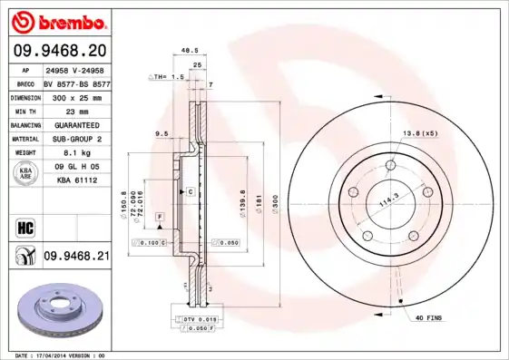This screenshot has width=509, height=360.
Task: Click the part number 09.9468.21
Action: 76,258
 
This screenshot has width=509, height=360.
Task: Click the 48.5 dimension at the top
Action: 190,51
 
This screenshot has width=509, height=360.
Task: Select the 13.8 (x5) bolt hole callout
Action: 419,134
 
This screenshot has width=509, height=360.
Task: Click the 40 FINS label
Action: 429,318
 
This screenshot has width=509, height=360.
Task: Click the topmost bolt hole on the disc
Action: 391,164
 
